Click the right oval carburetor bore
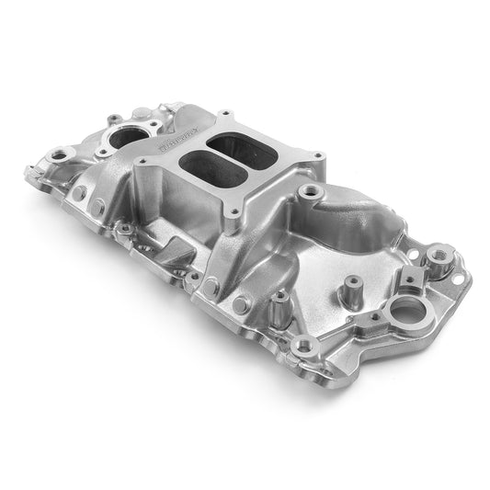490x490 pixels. point(237,146)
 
